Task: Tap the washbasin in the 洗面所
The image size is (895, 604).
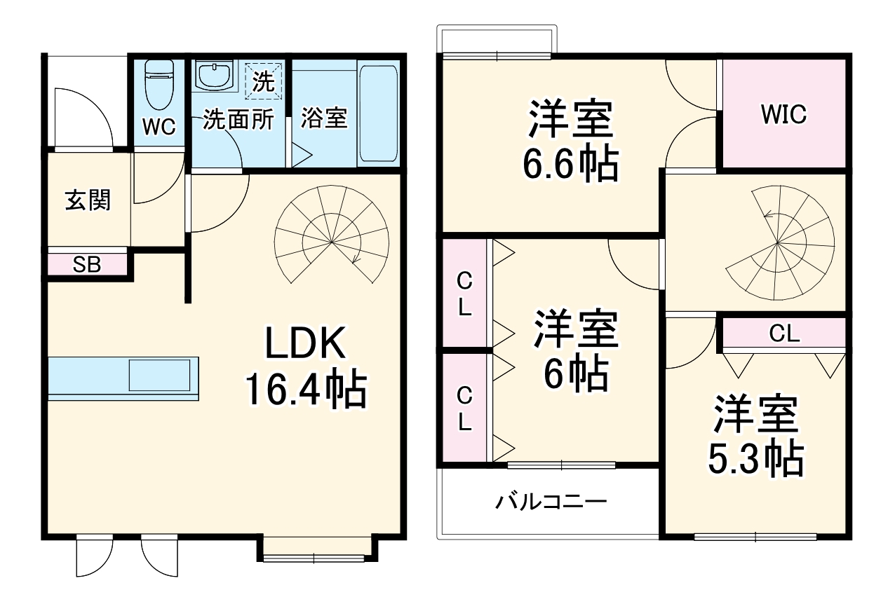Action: point(213,76)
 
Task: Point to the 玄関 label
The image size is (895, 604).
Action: point(88,200)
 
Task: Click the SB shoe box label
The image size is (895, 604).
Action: point(88,265)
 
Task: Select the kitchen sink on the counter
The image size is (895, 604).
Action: point(159,375)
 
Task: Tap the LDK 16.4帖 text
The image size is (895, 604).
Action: point(305,369)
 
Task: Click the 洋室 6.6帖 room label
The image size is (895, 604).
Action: point(570,142)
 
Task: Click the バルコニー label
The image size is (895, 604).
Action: point(551,502)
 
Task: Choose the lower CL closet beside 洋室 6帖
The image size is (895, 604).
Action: point(464,409)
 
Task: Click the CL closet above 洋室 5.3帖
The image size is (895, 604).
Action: point(784,334)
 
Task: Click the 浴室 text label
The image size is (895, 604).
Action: point(324,118)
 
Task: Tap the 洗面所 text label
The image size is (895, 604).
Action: point(238,120)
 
